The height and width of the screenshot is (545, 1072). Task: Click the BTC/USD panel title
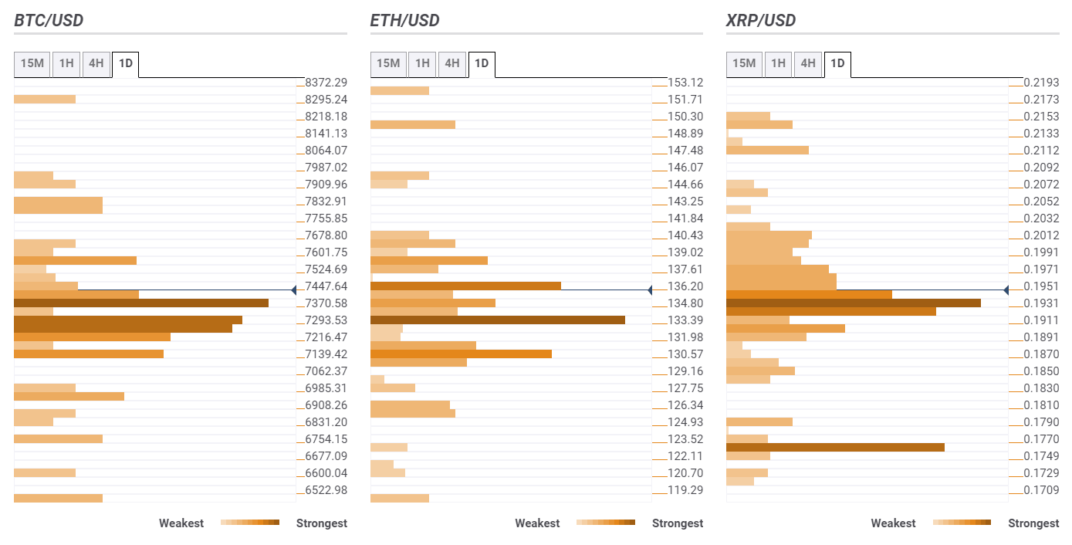tap(49, 20)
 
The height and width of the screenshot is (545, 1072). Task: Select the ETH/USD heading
tap(404, 20)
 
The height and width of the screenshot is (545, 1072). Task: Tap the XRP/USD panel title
tap(761, 20)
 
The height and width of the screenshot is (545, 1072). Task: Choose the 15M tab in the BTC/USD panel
tap(32, 63)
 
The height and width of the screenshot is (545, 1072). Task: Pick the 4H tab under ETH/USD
tap(451, 63)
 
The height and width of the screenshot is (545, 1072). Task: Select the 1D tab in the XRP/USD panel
tap(837, 63)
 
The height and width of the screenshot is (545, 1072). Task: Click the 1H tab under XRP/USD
tap(779, 63)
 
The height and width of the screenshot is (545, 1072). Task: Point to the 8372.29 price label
tap(326, 83)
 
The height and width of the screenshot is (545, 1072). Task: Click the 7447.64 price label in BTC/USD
tap(326, 286)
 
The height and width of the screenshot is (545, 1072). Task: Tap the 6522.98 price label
tap(326, 490)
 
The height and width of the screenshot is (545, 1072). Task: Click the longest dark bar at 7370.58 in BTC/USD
tap(141, 303)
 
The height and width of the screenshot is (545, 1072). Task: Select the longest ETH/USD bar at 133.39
tap(498, 320)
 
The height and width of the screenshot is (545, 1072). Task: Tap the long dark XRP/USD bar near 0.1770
tap(835, 447)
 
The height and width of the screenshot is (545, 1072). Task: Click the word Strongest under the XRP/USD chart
tap(1033, 523)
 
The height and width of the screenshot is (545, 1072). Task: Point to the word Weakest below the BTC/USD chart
tap(181, 523)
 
